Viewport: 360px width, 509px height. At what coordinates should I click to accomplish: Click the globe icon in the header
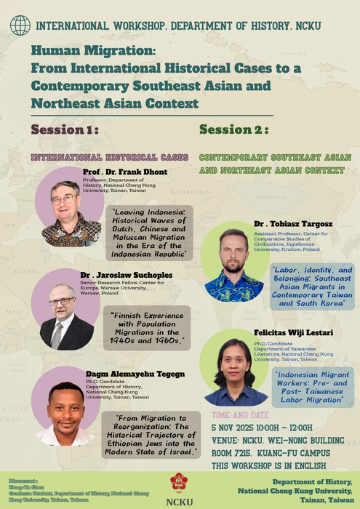click(20, 25)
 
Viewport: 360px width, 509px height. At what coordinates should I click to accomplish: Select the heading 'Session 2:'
click(233, 129)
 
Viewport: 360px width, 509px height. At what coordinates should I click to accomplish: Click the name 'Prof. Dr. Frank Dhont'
click(125, 172)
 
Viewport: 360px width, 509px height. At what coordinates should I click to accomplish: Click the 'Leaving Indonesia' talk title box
click(150, 232)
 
